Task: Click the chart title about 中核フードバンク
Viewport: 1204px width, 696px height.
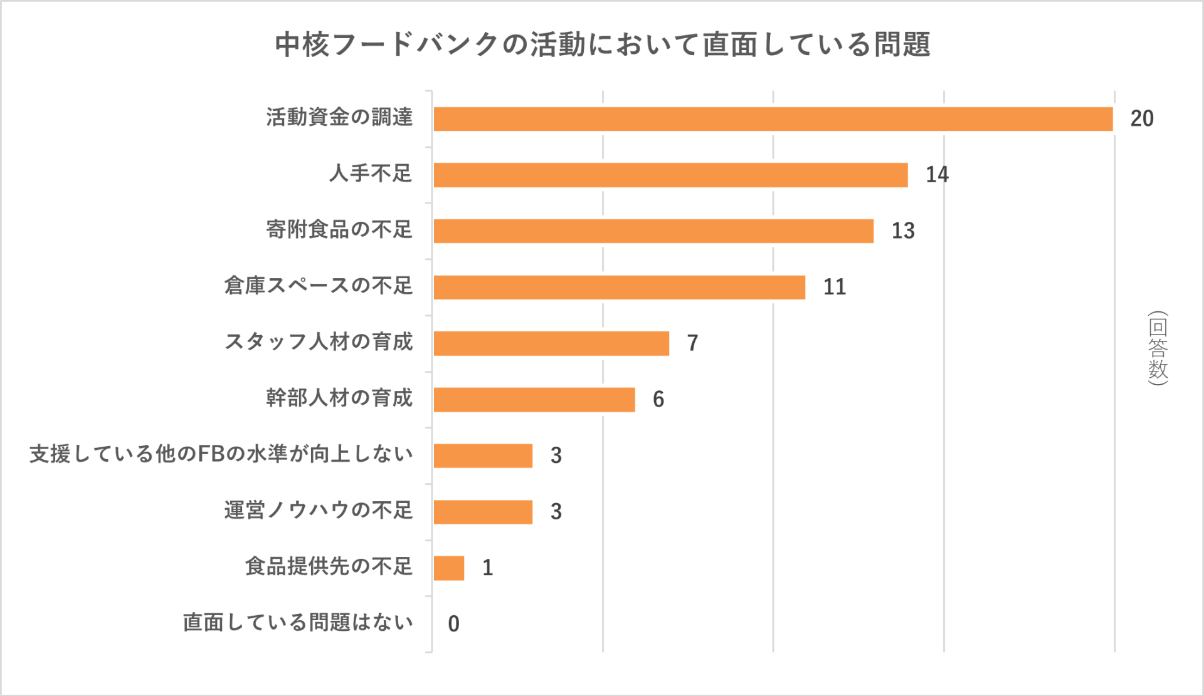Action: [x=602, y=44]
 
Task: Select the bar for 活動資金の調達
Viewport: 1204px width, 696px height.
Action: [x=773, y=119]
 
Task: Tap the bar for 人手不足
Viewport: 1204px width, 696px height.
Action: [x=670, y=175]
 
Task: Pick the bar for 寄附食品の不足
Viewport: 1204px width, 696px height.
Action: [x=653, y=231]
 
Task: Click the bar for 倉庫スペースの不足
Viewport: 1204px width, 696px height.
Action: [x=619, y=287]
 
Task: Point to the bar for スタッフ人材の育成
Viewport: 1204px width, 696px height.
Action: [x=551, y=343]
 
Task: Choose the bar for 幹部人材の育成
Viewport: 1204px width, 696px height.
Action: [x=534, y=400]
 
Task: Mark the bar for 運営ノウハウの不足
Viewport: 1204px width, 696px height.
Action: [x=483, y=512]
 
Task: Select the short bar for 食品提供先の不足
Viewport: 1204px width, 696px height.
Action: [x=449, y=568]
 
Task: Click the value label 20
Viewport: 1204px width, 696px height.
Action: [x=1142, y=119]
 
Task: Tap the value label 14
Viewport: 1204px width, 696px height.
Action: [x=937, y=175]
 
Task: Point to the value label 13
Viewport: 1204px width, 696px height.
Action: [x=903, y=231]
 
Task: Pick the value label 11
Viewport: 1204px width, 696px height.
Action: [x=835, y=287]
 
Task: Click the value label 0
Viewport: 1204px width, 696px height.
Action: [x=453, y=624]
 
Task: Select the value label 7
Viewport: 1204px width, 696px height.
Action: [x=692, y=343]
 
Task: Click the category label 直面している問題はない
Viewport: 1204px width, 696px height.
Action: [x=298, y=623]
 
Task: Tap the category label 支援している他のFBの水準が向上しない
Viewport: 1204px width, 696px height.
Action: [x=221, y=454]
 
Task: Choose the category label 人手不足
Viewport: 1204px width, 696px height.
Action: [x=371, y=174]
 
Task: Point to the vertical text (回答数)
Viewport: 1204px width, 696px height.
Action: [x=1158, y=348]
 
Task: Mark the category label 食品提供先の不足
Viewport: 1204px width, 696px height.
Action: [x=329, y=566]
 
